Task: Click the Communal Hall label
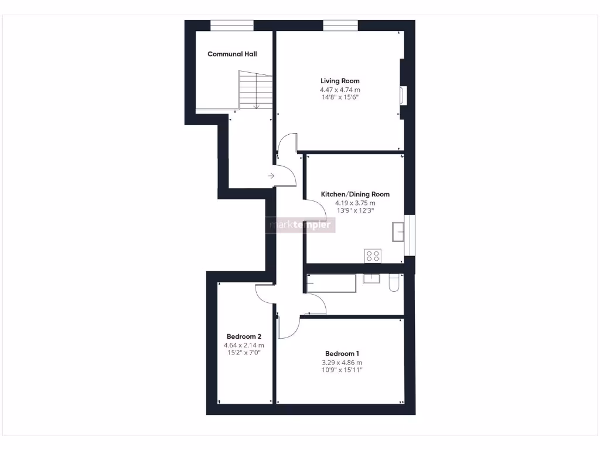(x=232, y=54)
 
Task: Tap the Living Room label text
(x=340, y=81)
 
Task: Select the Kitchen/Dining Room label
(x=355, y=194)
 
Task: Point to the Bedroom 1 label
(x=342, y=353)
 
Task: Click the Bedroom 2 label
(x=244, y=336)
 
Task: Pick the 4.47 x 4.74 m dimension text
(x=340, y=90)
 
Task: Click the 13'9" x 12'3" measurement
(x=355, y=210)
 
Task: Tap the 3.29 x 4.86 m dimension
(x=342, y=362)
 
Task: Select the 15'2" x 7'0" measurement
(x=244, y=353)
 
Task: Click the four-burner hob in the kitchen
(x=373, y=255)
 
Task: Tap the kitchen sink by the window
(x=398, y=232)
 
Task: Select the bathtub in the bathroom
(x=332, y=283)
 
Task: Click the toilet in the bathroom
(x=394, y=282)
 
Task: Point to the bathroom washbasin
(x=371, y=278)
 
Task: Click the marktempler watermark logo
(x=301, y=225)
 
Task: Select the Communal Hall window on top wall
(x=232, y=25)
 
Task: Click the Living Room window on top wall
(x=340, y=25)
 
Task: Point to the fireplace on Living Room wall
(x=402, y=96)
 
